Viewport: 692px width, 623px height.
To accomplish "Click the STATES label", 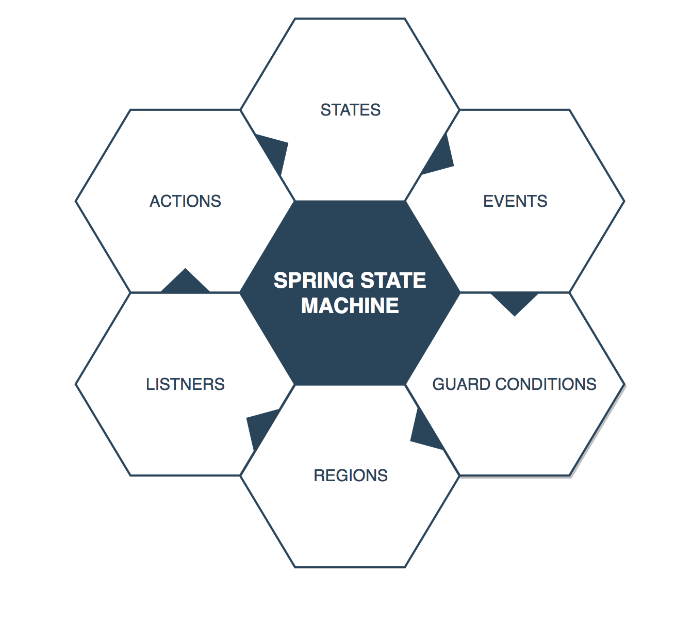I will click(x=350, y=110).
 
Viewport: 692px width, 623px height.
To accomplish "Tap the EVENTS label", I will click(x=515, y=201).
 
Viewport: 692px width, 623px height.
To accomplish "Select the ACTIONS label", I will click(x=185, y=201).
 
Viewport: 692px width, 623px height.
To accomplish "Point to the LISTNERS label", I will click(x=185, y=384).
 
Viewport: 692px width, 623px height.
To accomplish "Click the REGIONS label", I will click(x=350, y=476).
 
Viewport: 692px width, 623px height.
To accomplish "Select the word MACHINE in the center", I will click(x=350, y=306).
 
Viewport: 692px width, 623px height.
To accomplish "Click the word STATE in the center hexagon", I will click(x=393, y=281).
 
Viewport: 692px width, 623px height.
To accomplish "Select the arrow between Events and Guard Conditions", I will click(x=515, y=302).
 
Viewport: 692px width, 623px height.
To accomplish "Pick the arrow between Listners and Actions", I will click(x=186, y=283).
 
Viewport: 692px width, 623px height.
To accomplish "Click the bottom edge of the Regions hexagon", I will click(x=350, y=567).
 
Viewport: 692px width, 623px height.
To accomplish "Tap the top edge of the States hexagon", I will click(x=350, y=19).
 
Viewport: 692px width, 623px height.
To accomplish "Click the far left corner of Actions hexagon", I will click(x=76, y=201).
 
